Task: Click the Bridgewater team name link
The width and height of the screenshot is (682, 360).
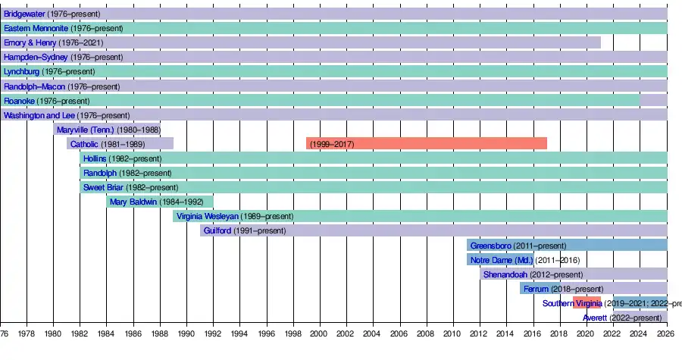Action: click(23, 14)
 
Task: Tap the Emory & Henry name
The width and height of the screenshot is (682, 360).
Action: click(30, 42)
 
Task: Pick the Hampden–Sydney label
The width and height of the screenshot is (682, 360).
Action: click(36, 57)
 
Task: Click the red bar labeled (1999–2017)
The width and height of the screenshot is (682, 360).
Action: click(426, 144)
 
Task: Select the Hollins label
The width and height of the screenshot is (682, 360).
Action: click(95, 158)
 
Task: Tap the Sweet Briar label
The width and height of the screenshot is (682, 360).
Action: click(103, 187)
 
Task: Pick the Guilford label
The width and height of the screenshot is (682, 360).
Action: click(217, 230)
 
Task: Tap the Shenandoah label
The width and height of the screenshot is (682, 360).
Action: click(506, 274)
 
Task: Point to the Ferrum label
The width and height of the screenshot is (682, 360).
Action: click(536, 289)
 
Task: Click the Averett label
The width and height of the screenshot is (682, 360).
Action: click(595, 318)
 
